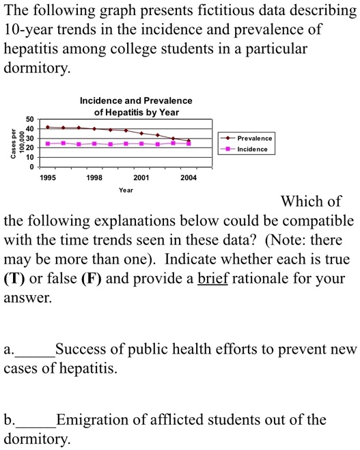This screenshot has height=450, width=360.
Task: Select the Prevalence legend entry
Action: (254, 138)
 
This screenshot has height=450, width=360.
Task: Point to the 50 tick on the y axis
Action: (29, 119)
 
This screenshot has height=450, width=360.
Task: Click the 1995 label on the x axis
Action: (48, 178)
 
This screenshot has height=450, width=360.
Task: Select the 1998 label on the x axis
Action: (94, 178)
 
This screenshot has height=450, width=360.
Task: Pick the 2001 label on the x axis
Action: (141, 178)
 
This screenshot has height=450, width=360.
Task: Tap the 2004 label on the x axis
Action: (189, 178)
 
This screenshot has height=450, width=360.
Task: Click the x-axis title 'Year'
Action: (126, 190)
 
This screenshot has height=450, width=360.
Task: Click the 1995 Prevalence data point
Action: (48, 127)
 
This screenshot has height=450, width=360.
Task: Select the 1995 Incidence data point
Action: (48, 143)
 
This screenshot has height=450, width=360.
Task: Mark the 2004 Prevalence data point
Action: (189, 141)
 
